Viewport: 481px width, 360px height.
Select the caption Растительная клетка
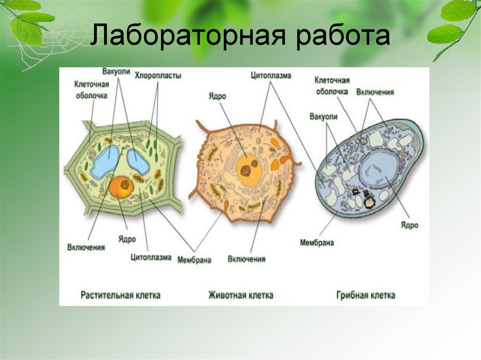coord(121,295)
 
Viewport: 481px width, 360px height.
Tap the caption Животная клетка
coord(241,295)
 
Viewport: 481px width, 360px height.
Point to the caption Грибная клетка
coord(365,295)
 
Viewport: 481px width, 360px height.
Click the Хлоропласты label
coord(158,76)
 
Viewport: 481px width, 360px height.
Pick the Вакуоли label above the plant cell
coord(116,71)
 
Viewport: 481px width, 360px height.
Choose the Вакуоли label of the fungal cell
coord(323,117)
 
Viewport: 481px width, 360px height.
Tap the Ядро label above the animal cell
coord(217,96)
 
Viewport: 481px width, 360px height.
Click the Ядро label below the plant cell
coord(127,239)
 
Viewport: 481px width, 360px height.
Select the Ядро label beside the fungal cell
coord(410,225)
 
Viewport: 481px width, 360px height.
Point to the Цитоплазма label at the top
coord(271,75)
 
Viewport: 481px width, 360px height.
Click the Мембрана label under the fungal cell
coord(317,243)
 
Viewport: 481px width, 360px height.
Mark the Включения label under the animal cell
coord(246,259)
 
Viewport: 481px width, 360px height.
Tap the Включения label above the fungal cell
coord(375,92)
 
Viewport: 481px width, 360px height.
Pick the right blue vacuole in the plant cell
coord(138,161)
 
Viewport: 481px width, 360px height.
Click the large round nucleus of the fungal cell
coord(380,171)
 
